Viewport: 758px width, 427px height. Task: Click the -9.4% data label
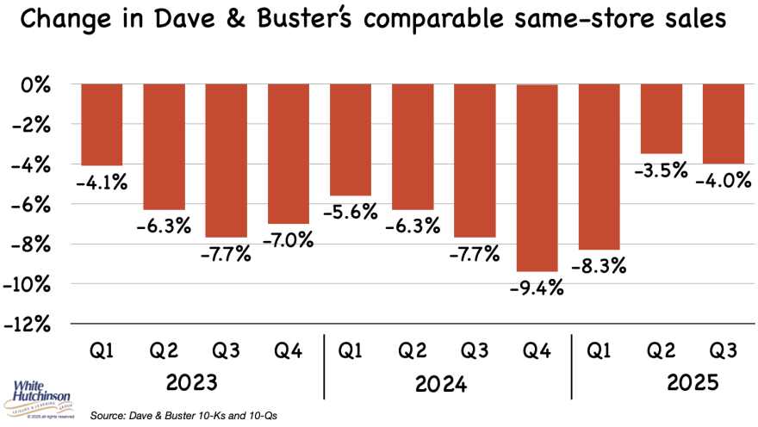(536, 288)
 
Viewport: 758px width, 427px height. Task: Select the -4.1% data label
(101, 182)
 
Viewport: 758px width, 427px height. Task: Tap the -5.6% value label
(351, 213)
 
